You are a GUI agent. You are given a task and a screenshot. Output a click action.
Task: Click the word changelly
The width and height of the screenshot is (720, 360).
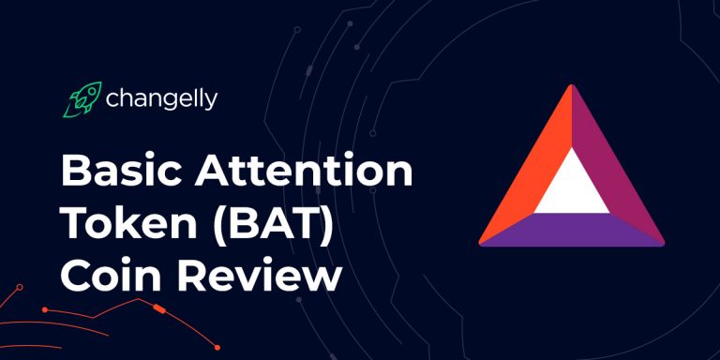point(162,98)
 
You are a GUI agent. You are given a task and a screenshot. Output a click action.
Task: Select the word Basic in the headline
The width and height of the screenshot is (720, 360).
point(118,174)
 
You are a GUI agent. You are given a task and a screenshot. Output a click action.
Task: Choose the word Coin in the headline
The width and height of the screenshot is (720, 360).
point(105,277)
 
